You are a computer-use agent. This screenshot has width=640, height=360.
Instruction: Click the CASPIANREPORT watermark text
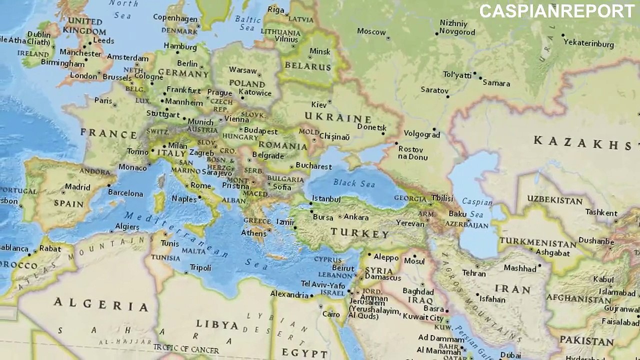click(x=557, y=11)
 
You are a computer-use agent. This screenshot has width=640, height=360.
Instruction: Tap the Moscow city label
click(x=371, y=31)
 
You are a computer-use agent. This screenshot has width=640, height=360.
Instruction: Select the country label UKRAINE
click(x=338, y=118)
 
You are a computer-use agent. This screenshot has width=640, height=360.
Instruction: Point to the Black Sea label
click(x=354, y=183)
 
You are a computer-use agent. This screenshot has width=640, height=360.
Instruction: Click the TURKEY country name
click(x=359, y=233)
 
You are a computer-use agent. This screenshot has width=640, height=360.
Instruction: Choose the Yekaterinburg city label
click(x=588, y=43)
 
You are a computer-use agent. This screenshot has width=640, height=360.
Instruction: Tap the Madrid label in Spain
click(x=77, y=187)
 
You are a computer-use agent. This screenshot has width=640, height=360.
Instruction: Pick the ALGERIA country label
click(x=101, y=304)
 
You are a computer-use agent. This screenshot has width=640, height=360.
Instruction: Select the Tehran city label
click(x=473, y=273)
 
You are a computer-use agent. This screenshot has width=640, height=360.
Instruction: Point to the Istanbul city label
click(x=326, y=199)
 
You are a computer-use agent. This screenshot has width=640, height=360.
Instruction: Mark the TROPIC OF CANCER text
click(x=186, y=348)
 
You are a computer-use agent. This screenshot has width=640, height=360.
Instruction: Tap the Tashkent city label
click(x=601, y=212)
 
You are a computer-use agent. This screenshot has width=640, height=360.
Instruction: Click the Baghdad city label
click(x=418, y=291)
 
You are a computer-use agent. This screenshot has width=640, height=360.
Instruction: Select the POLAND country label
click(x=246, y=83)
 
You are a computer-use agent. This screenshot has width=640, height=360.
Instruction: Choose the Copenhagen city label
click(x=175, y=18)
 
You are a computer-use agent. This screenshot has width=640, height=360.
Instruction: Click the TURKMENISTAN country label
click(x=537, y=242)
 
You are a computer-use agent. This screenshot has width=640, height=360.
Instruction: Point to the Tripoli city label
click(x=200, y=268)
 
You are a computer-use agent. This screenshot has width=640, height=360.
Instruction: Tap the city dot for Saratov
click(x=448, y=96)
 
